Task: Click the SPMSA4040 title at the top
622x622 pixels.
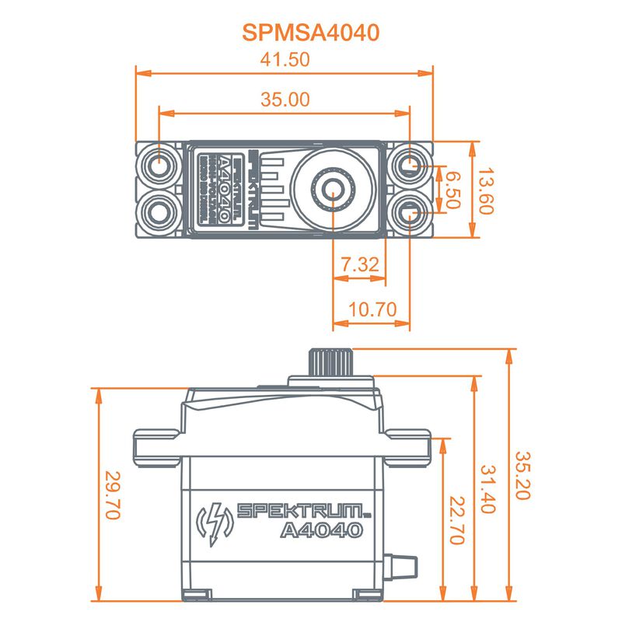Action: click(x=310, y=32)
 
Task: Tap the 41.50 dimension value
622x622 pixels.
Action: click(x=285, y=59)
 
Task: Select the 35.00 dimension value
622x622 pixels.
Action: click(x=285, y=99)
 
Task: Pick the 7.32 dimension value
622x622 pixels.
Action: click(x=359, y=264)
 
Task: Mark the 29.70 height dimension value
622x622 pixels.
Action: click(x=113, y=495)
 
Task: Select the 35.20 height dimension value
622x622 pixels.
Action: click(x=522, y=475)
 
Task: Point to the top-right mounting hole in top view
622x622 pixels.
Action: click(x=410, y=166)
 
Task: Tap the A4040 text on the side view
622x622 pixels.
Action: click(x=321, y=531)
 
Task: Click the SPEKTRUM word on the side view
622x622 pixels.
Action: click(x=299, y=511)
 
